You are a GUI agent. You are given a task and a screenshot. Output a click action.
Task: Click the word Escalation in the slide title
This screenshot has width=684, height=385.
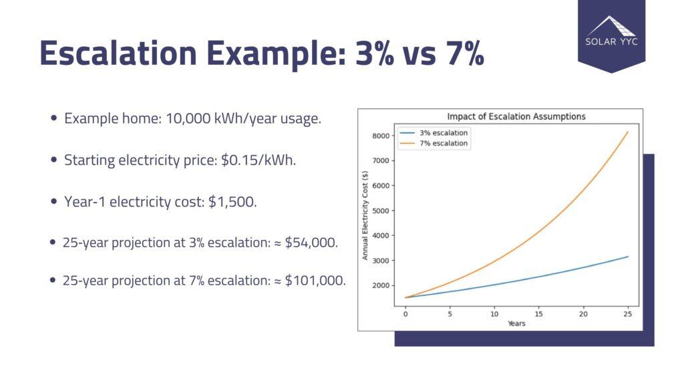tap(118, 53)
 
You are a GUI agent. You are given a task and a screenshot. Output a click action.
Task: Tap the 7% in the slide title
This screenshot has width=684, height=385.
tap(465, 53)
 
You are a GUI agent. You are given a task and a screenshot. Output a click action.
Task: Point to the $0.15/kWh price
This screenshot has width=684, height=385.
tap(259, 160)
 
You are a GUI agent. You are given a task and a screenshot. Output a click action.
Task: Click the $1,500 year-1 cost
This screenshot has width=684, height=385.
tap(232, 202)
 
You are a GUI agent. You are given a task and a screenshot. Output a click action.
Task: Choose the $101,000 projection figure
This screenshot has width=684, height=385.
tap(315, 281)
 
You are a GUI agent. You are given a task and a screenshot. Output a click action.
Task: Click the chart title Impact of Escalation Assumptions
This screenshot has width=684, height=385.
tap(516, 116)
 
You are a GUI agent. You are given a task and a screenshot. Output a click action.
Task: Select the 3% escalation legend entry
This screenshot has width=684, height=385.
tap(434, 133)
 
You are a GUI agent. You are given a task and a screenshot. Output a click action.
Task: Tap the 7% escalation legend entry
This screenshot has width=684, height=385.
tap(434, 143)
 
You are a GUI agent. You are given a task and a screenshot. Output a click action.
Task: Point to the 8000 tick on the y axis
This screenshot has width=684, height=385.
tap(381, 136)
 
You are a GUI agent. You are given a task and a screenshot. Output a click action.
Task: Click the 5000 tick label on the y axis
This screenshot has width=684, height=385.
tap(381, 211)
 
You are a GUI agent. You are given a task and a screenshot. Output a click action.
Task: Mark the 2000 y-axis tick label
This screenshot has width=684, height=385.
tap(381, 285)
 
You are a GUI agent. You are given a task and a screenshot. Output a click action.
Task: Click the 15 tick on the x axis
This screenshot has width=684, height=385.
tap(539, 314)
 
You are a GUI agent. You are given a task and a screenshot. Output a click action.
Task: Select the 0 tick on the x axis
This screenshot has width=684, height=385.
tap(405, 314)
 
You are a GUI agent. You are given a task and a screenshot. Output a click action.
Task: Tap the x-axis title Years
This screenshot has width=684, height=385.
tap(516, 324)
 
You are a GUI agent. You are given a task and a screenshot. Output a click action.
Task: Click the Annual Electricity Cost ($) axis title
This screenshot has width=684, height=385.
tap(365, 215)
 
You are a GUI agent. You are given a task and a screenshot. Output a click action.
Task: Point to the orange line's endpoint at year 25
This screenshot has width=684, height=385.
tap(628, 132)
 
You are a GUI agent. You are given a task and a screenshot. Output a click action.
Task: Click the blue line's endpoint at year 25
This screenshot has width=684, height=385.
tap(628, 257)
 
